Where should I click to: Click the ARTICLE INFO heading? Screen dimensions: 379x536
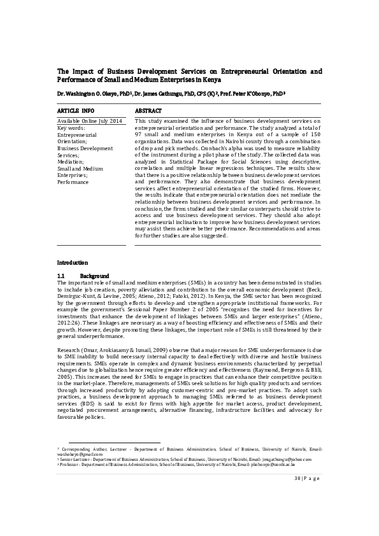pos(76,110)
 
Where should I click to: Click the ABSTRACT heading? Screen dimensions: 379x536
pos(148,110)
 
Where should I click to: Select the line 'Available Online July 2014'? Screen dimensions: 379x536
pos(89,120)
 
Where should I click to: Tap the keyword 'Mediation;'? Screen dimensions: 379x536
pos(71,162)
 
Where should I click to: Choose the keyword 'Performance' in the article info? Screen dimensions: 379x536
pos(73,182)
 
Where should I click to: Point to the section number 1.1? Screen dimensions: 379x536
pos(62,274)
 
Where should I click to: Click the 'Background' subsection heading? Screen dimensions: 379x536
pos(99,274)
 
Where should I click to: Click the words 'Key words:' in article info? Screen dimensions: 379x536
pos(71,127)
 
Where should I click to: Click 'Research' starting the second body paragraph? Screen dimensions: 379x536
pos(69,332)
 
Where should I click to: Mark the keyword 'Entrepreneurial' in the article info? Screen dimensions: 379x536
pos(77,134)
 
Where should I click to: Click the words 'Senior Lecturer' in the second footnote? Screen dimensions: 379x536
pos(75,458)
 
